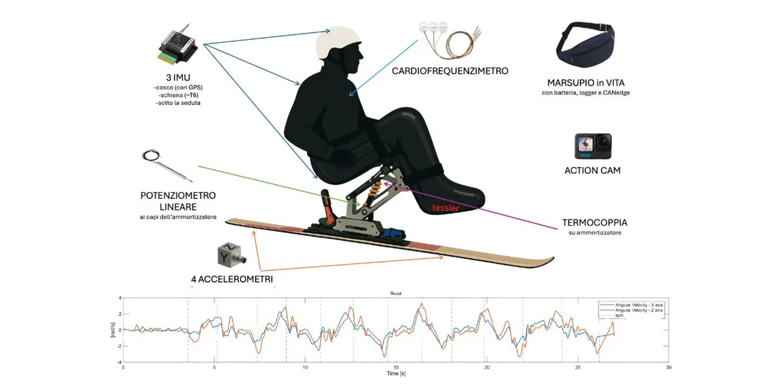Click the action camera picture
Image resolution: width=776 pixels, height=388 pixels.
point(592,146)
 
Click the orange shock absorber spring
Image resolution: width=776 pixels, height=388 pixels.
point(374,189)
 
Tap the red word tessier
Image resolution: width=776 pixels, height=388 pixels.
point(445,208)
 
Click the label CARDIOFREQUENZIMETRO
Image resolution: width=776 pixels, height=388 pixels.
point(450,71)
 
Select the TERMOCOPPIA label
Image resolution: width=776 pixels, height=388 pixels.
point(594,223)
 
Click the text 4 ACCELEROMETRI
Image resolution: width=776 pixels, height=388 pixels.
point(232,279)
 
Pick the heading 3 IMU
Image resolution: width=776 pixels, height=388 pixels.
point(178,78)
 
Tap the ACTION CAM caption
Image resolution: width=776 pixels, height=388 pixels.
point(592,170)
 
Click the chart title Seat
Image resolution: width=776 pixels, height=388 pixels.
point(396,293)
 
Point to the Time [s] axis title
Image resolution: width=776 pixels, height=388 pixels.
point(396,373)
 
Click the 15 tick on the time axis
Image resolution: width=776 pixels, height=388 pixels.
point(396,367)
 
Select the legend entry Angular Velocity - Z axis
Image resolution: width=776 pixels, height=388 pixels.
point(639,310)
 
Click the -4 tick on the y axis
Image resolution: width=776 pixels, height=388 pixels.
point(120,362)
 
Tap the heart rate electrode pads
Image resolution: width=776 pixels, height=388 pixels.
point(433,28)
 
